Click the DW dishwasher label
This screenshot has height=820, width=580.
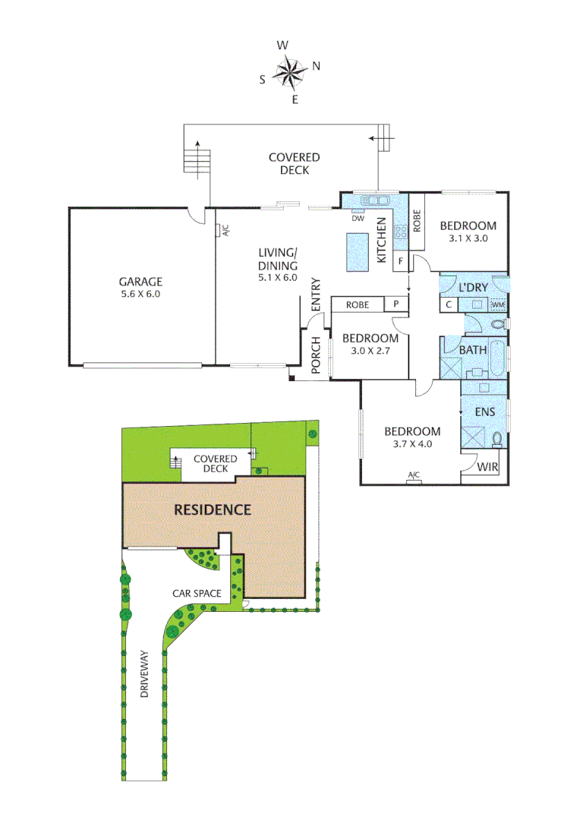pos(359,218)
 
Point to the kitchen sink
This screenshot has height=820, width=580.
pos(376,201)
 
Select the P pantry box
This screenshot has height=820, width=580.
pos(396,304)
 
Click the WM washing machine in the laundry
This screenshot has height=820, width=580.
pos(498,305)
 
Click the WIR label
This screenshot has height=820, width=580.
pos(487,465)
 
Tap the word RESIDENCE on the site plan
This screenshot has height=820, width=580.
pos(213,509)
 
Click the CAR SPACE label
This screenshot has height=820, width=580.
pos(197,592)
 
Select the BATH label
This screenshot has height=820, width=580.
pos(473,350)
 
